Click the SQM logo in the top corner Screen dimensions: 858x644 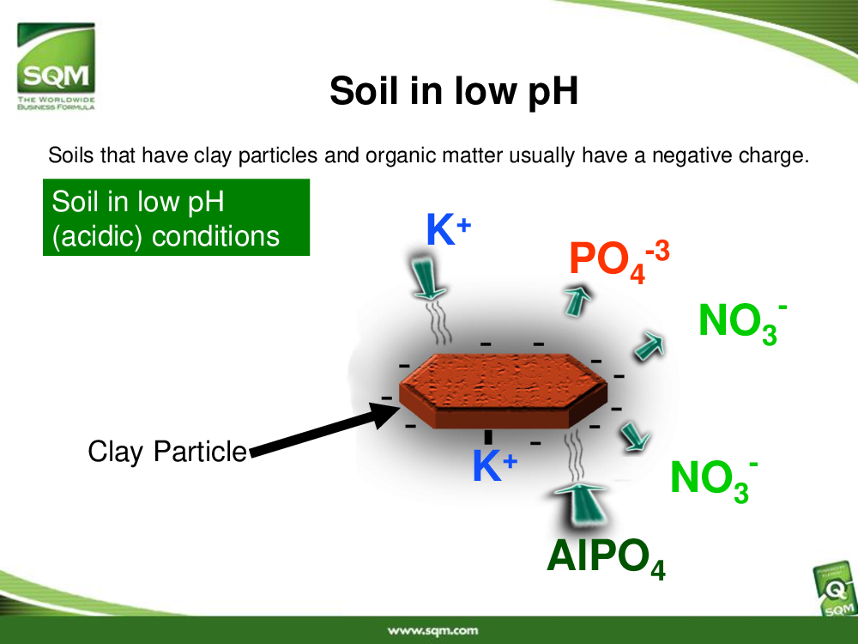[x=56, y=66]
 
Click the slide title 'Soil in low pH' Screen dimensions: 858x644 [x=454, y=91]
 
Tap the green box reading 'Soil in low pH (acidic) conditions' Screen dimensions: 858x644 [x=176, y=217]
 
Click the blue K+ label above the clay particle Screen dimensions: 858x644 [x=448, y=229]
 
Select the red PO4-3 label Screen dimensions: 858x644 [x=619, y=262]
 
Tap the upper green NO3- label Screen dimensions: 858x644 [x=742, y=323]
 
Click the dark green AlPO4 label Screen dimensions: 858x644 [x=606, y=558]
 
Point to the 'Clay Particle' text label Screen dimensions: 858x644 [x=167, y=453]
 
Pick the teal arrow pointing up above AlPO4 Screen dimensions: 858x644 [x=581, y=505]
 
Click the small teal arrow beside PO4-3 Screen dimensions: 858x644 [x=577, y=300]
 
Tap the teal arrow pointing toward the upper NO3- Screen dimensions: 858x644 [x=650, y=346]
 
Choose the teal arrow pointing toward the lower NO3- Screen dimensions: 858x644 [x=635, y=436]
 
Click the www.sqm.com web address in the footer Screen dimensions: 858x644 [x=432, y=631]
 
